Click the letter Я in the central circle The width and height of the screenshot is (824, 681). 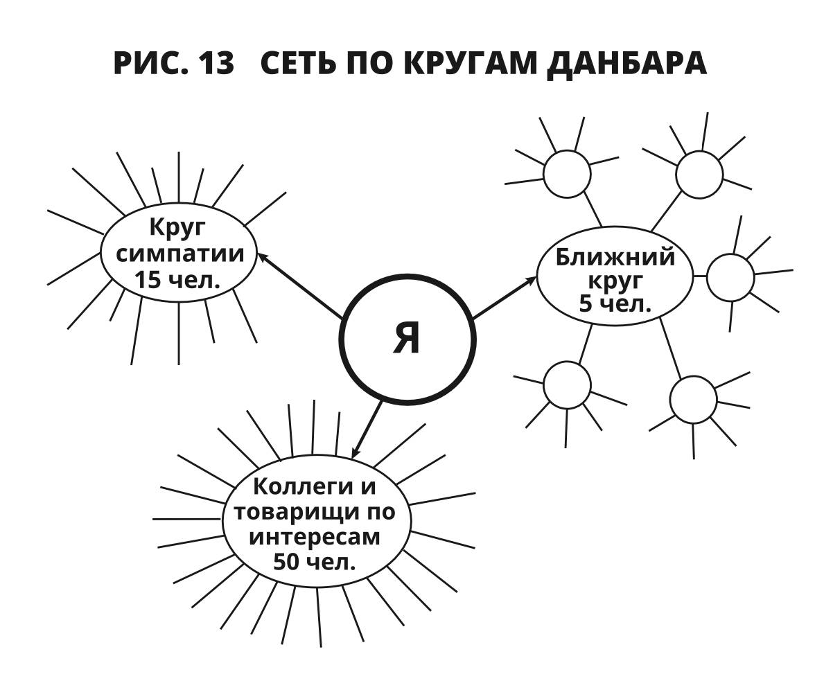407,338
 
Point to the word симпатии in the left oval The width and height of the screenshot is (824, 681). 180,254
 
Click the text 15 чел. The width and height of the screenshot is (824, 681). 177,280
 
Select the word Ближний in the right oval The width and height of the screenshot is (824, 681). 615,257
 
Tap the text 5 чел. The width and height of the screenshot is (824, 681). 615,303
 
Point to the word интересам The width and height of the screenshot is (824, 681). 314,537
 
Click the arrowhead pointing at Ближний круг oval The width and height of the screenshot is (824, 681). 531,281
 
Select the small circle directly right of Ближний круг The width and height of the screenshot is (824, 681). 730,277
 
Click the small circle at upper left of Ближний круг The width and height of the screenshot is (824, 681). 566,174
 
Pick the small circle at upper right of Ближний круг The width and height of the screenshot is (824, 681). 699,175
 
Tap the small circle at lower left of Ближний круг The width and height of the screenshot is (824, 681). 567,384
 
